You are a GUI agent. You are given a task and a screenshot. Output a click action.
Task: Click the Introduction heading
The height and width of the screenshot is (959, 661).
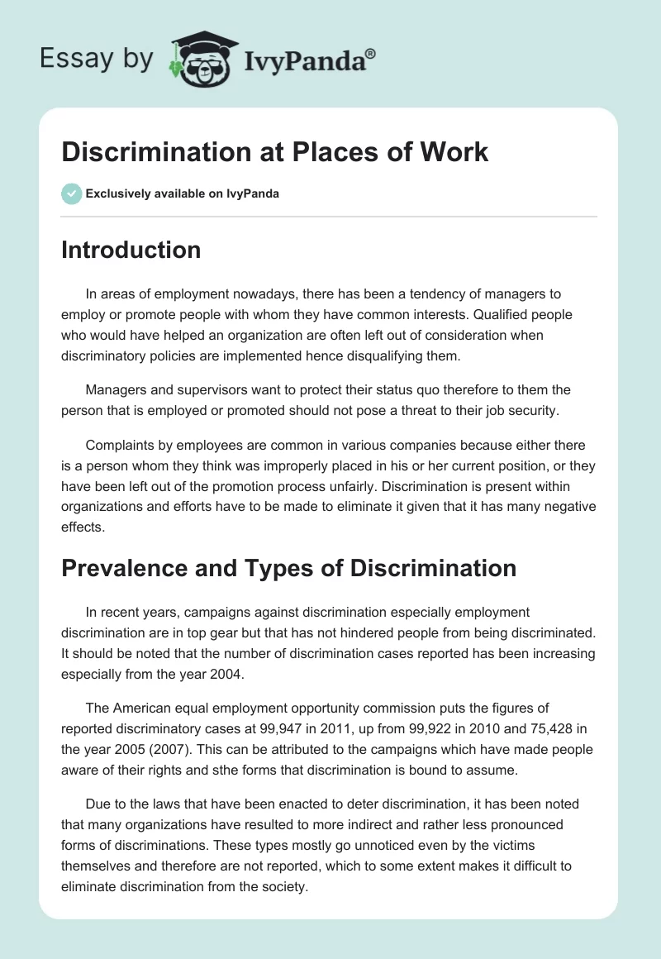pyautogui.click(x=131, y=250)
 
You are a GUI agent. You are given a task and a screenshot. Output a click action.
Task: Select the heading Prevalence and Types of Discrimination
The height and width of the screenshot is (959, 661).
pyautogui.click(x=288, y=568)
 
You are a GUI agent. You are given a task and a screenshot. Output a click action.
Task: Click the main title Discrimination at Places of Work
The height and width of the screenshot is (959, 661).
pyautogui.click(x=274, y=152)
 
